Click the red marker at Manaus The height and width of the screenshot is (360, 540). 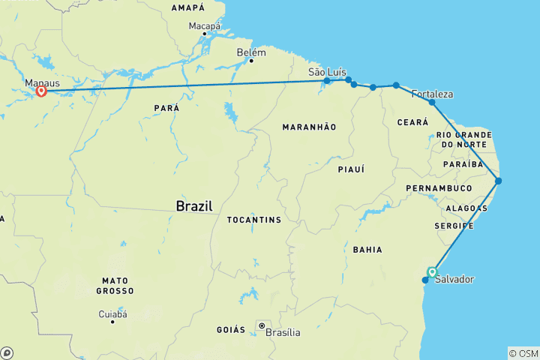[x=41, y=91]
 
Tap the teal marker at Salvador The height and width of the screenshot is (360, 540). [x=432, y=272]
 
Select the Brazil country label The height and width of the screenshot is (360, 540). [x=193, y=205]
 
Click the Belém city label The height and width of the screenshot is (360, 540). [x=250, y=52]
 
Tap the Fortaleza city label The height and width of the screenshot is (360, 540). [x=433, y=94]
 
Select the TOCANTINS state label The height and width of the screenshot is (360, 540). [x=254, y=220]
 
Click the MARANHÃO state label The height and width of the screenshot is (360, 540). [x=309, y=127]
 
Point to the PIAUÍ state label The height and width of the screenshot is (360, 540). [x=351, y=169]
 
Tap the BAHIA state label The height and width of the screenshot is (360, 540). [x=368, y=250]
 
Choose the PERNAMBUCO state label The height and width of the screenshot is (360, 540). [x=439, y=187]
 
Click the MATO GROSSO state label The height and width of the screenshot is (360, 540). [x=115, y=285]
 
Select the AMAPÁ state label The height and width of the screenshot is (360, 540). [x=188, y=7]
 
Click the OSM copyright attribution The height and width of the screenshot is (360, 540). [x=523, y=353]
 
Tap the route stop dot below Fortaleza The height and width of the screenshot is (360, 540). [x=432, y=102]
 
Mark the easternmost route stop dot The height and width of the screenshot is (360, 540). [x=498, y=181]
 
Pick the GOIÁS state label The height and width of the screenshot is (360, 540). [x=231, y=329]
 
